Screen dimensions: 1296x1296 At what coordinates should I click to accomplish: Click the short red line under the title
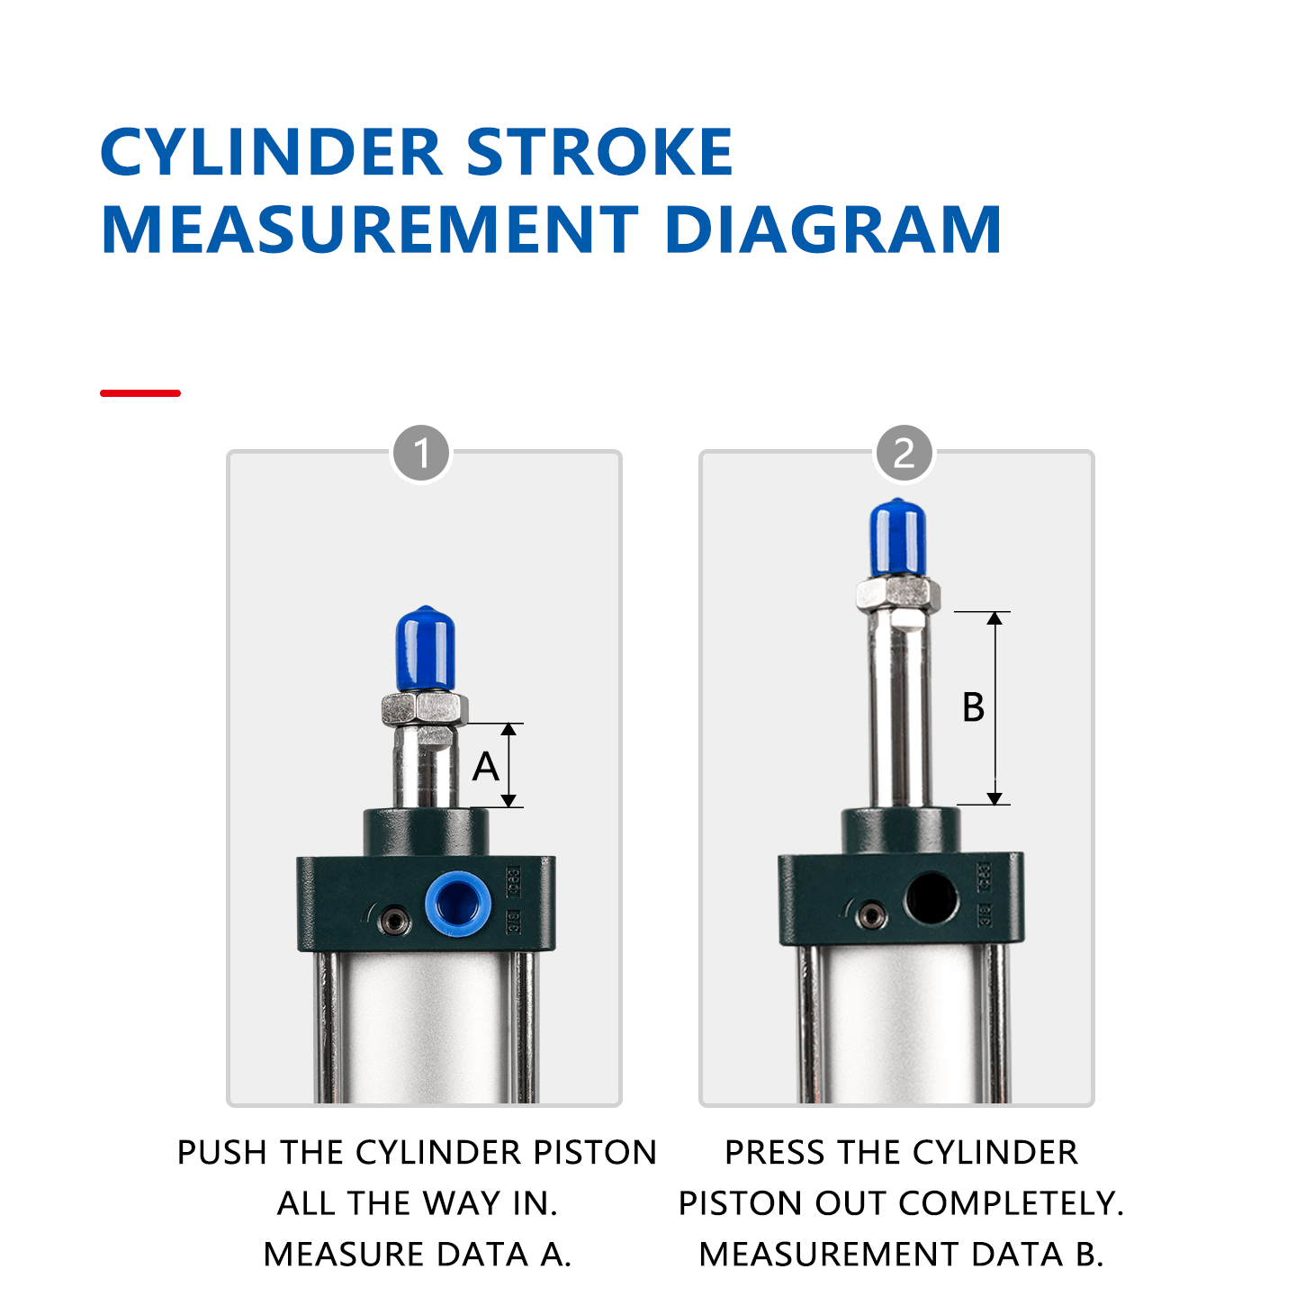(x=140, y=393)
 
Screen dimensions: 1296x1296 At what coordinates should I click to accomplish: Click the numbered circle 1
(x=420, y=454)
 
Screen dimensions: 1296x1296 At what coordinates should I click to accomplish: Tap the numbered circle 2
(x=904, y=454)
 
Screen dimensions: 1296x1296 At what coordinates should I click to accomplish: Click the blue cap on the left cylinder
(x=425, y=648)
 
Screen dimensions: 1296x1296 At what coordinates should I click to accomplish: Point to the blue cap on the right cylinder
(x=897, y=537)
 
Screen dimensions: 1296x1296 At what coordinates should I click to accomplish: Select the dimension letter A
(x=486, y=767)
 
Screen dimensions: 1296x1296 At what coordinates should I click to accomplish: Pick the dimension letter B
(x=973, y=707)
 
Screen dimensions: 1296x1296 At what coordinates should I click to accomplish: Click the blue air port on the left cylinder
(x=458, y=903)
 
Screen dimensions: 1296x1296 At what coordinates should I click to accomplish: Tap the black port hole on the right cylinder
(x=931, y=898)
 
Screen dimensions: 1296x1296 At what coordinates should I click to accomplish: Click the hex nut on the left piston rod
(x=424, y=709)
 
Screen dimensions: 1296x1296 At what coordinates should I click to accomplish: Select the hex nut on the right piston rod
(x=897, y=594)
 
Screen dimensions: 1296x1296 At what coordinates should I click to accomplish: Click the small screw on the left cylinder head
(x=394, y=920)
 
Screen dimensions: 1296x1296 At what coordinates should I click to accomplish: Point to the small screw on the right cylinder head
(x=870, y=916)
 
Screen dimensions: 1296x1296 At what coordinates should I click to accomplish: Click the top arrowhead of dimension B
(x=994, y=618)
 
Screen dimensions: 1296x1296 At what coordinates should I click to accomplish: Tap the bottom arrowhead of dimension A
(x=508, y=800)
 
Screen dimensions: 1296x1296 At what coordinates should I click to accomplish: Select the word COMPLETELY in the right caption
(x=1011, y=1203)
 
